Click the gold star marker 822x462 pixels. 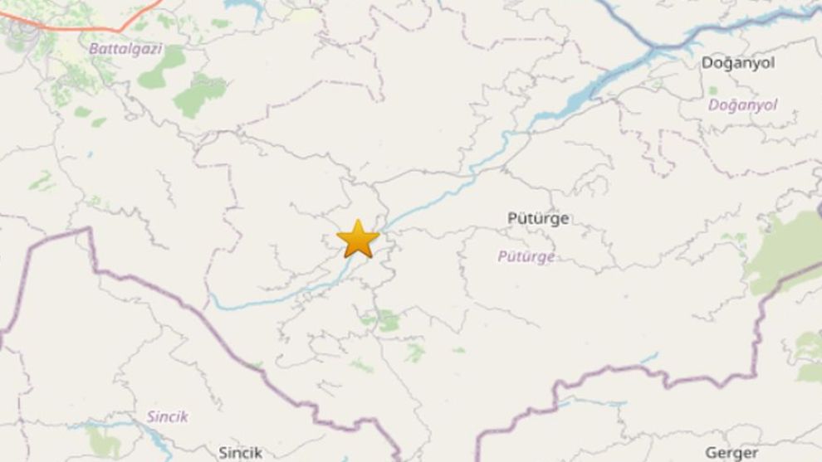click(358, 239)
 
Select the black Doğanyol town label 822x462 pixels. click(738, 63)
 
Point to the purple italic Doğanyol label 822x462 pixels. click(742, 105)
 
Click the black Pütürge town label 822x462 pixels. click(538, 218)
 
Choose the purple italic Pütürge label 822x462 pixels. click(526, 256)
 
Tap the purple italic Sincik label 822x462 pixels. click(168, 416)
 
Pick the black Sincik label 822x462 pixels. click(240, 452)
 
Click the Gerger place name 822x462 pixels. click(731, 452)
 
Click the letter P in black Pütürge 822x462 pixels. click(512, 218)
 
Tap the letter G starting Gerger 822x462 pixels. click(710, 452)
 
